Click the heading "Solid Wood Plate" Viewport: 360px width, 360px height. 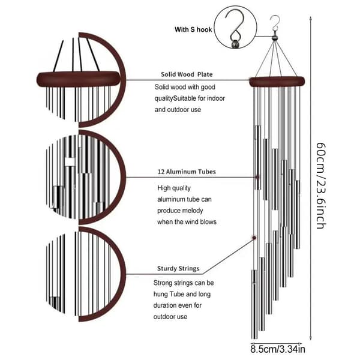187,74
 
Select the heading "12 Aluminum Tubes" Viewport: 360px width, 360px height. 187,172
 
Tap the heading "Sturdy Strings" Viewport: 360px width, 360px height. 178,269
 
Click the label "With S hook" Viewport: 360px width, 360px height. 193,29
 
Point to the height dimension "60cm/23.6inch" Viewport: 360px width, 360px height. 321,186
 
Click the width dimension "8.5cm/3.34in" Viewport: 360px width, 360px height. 278,349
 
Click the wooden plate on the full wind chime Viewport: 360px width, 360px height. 277,82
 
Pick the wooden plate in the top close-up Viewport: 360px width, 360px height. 78,79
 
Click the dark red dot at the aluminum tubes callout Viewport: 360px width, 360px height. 257,177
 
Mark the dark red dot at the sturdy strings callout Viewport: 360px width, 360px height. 254,238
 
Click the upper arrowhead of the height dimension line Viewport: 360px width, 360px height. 310,19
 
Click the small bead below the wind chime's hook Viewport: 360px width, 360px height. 274,38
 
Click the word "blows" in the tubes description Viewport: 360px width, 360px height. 208,222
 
